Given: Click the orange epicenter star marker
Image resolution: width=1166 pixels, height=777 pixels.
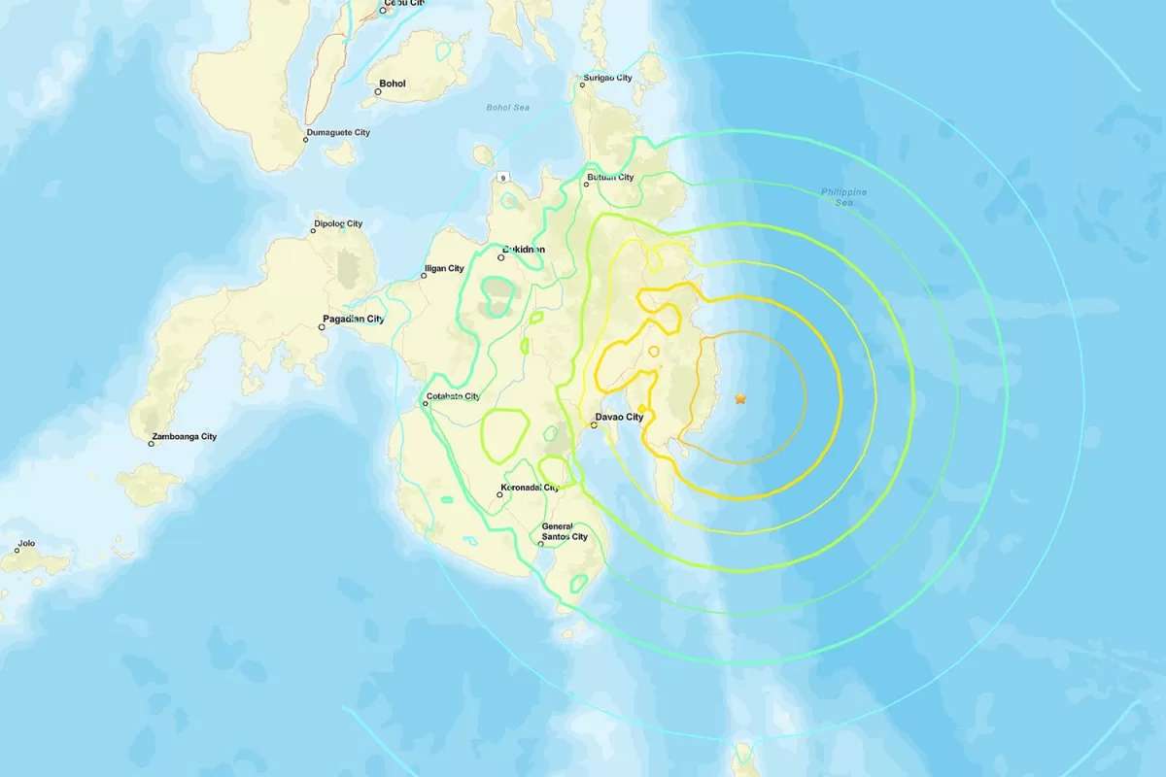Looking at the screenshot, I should tap(740, 398).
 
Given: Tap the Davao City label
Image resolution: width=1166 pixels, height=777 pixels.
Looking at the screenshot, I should tap(619, 418).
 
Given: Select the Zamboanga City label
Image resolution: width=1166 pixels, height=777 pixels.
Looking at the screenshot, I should tap(185, 437).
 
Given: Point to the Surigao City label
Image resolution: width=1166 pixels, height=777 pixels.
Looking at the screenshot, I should tap(608, 78).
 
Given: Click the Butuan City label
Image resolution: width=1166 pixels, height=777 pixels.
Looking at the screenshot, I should tap(610, 178).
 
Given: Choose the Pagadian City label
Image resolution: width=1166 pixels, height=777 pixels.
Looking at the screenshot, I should tap(354, 319).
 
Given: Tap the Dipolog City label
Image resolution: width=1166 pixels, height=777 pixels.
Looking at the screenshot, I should tap(338, 224).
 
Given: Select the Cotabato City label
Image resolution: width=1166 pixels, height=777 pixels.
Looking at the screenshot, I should tap(453, 396).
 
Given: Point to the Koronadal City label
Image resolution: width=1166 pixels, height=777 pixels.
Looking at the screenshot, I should tap(531, 488).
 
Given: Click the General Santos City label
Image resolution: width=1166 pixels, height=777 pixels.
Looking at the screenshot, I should tap(565, 531).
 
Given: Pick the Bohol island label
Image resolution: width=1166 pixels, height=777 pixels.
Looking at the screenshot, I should tap(393, 84).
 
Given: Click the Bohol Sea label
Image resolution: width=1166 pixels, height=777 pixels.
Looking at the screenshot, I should tap(507, 107).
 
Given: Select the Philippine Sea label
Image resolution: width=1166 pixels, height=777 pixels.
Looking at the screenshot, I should tap(842, 197).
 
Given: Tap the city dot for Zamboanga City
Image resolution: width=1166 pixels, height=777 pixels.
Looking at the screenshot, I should tap(152, 444).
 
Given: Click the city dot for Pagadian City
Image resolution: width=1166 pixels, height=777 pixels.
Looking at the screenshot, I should tap(322, 327).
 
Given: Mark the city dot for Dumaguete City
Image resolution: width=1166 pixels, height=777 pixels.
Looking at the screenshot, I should tap(305, 140).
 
